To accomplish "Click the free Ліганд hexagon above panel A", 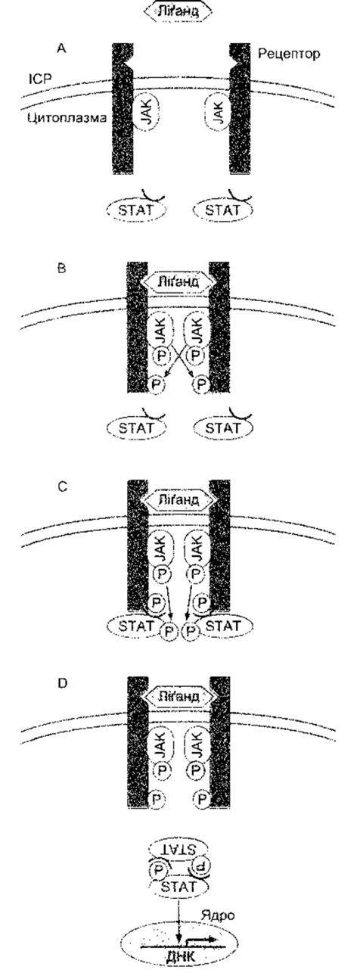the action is tap(178, 11).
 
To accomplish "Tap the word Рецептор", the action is tap(289, 54).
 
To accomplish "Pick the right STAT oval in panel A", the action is tap(223, 210).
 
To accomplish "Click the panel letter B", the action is tap(62, 268).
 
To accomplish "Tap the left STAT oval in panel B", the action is tap(136, 427).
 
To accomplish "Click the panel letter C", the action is tap(62, 486).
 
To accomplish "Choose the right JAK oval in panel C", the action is tap(197, 549).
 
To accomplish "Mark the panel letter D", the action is tap(62, 682).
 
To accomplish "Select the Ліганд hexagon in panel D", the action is tap(178, 695).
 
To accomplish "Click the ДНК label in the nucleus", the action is tap(181, 964).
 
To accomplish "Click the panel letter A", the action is tap(62, 48).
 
